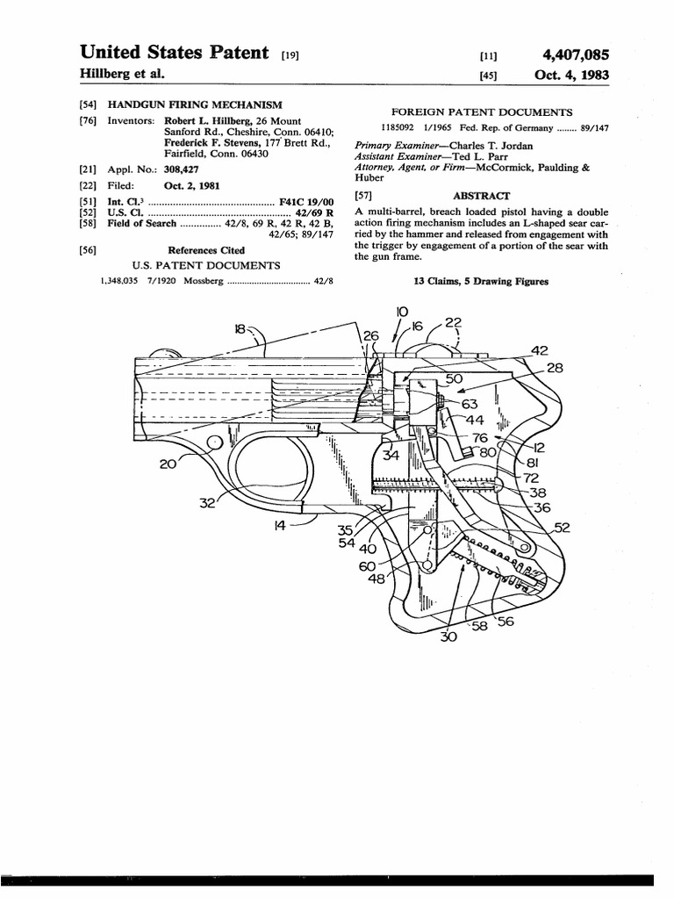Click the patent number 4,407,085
coord(570,54)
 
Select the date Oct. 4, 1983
coord(571,76)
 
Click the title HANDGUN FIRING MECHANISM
coord(194,104)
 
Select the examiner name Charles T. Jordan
coord(498,145)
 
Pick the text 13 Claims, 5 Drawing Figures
coord(481,281)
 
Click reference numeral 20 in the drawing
coord(168,464)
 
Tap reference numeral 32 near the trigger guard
coord(208,503)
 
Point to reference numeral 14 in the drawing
coord(280,525)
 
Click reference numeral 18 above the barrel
coord(240,329)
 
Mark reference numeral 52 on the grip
coord(562,527)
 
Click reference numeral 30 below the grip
coord(448,637)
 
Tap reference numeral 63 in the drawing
coord(470,404)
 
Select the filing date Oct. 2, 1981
coord(191,185)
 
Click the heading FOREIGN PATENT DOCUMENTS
coord(481,111)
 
